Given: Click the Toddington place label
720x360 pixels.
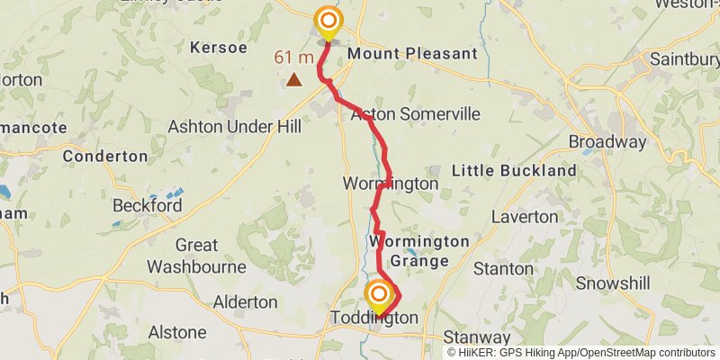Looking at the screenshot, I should click(374, 319).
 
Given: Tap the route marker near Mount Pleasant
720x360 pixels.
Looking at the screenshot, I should click(328, 22).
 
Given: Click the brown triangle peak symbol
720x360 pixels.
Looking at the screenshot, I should click(293, 80).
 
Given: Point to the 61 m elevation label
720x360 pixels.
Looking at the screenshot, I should click(294, 58).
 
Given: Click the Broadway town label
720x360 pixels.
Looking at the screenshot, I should click(607, 142).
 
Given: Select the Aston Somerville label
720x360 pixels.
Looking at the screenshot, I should click(415, 115).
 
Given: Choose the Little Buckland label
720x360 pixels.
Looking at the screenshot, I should click(514, 170).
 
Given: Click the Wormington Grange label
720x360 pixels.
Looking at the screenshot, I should click(419, 251).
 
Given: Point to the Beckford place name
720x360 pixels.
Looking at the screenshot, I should click(147, 205).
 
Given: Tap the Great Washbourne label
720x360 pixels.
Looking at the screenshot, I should click(196, 256).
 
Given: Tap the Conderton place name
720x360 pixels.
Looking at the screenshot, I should click(105, 156).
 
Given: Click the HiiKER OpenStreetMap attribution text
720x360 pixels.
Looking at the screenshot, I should click(580, 352).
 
